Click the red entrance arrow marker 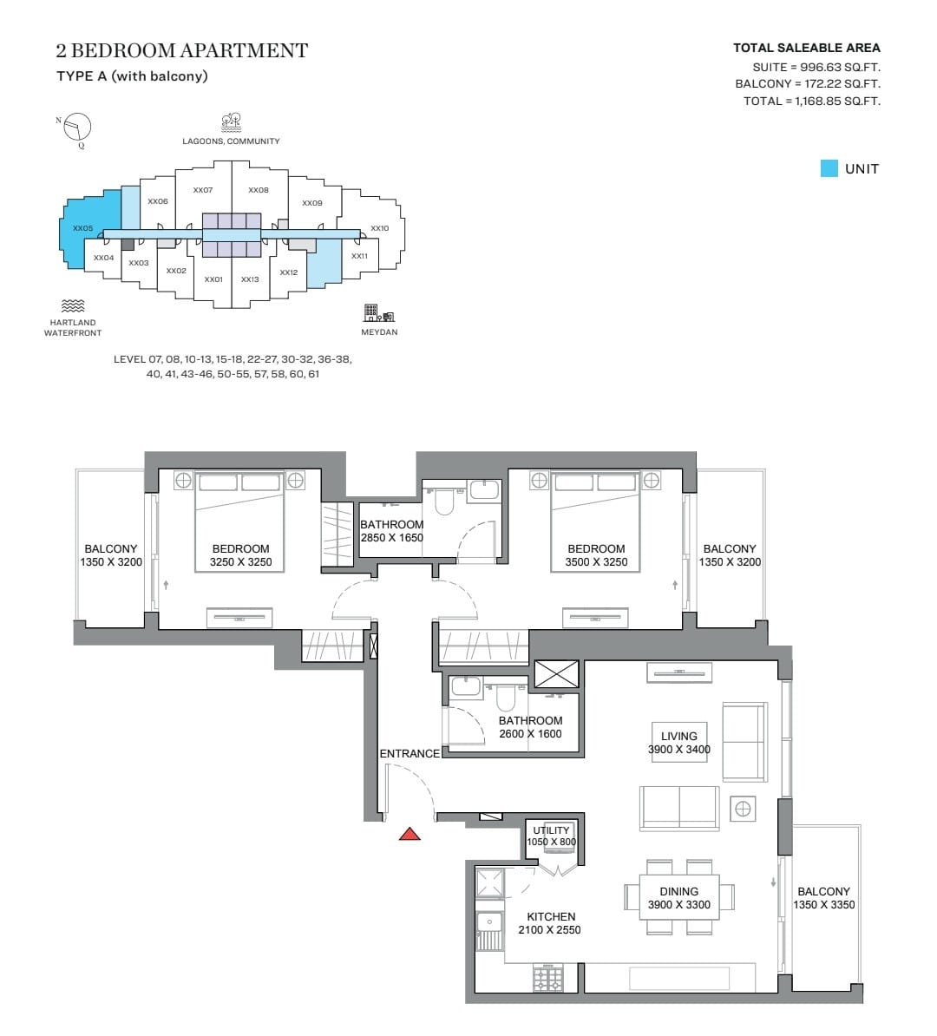(x=410, y=835)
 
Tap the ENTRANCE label (x=410, y=753)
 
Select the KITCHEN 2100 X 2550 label (x=550, y=923)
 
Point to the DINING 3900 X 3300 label (x=678, y=898)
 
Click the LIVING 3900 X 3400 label (x=678, y=743)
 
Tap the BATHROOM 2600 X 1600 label (x=531, y=727)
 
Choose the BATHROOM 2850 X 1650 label (x=392, y=531)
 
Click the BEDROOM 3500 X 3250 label (x=596, y=555)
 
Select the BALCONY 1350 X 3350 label (x=824, y=898)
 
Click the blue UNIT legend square (x=829, y=168)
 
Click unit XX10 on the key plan (x=379, y=228)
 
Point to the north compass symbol (x=76, y=127)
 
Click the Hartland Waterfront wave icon (x=73, y=305)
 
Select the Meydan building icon (x=378, y=312)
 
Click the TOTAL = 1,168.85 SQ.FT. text (x=811, y=102)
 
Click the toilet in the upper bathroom (x=444, y=500)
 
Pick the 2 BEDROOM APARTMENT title (x=181, y=50)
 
